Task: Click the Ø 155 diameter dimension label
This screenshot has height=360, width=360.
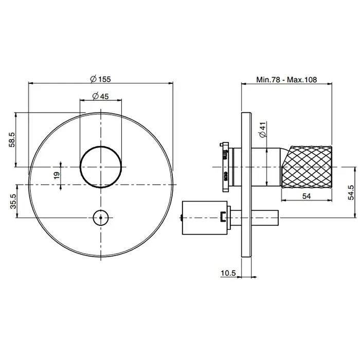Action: point(100,79)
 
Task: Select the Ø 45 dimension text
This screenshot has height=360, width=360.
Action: point(100,96)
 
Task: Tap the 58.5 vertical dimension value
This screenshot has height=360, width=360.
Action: point(12,139)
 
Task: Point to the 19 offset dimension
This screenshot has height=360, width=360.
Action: point(57,176)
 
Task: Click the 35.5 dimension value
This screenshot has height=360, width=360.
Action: point(13,202)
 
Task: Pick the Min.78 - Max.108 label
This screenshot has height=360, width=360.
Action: point(286,80)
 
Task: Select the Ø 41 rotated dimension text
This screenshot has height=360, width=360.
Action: point(263,130)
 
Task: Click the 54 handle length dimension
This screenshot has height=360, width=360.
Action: point(307,196)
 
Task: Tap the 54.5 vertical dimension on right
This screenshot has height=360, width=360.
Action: point(351,193)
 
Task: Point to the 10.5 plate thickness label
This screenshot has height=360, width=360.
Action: point(228,273)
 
